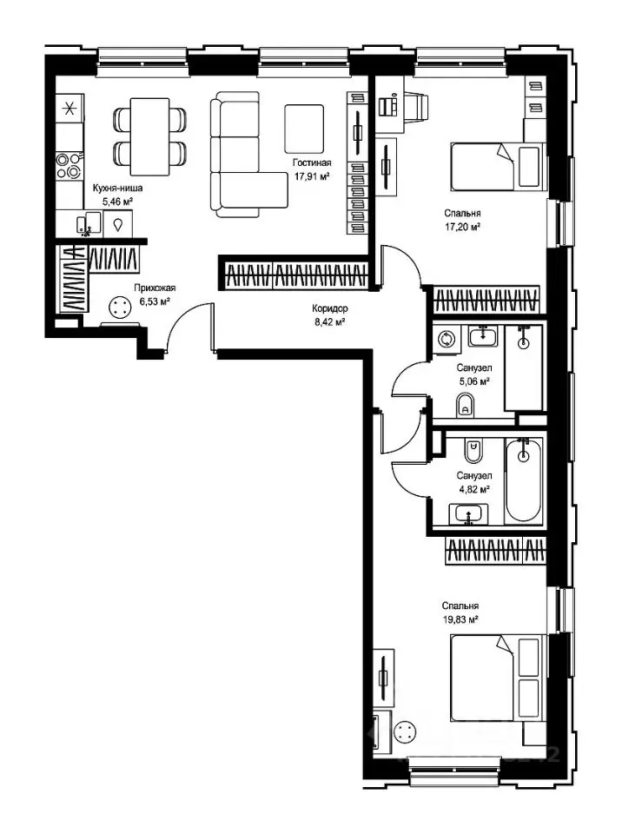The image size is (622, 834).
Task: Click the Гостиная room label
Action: (312, 162)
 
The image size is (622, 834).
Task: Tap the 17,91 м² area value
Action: (312, 176)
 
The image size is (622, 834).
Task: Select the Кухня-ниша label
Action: (117, 188)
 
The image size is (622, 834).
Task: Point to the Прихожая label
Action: (155, 288)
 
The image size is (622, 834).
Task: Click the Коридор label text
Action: (330, 308)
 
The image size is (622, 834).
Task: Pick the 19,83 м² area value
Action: (460, 619)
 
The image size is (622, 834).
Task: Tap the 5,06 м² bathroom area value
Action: (473, 381)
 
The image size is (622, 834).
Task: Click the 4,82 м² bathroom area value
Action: (473, 489)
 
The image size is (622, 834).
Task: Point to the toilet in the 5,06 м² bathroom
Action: (466, 405)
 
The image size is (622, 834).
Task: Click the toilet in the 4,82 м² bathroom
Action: (473, 451)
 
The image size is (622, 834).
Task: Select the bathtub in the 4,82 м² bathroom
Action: (524, 480)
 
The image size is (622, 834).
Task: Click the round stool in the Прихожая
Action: (119, 307)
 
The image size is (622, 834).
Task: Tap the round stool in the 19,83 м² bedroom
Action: (405, 731)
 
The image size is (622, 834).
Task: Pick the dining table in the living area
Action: (150, 136)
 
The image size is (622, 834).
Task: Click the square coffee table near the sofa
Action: (304, 129)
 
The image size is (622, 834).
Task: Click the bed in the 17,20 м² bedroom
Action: (498, 167)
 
